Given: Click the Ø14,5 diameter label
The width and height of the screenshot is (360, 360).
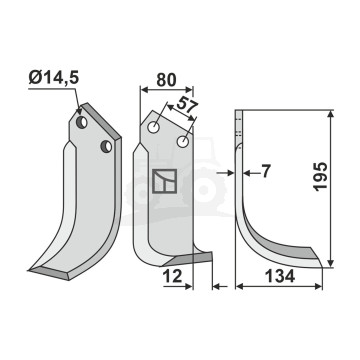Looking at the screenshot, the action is pos(54,78).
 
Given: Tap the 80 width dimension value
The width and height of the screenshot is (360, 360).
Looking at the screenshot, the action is pos(166,80).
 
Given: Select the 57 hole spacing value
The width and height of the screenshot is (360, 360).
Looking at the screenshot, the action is pos(187,105).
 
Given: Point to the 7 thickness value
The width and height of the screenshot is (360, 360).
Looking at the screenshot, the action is pos(265,172).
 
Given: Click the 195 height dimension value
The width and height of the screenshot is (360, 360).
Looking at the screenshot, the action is pos(321,176).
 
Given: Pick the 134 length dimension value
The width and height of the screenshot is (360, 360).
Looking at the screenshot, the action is pos(280,276).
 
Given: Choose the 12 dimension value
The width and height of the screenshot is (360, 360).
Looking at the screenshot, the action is pos(173,276).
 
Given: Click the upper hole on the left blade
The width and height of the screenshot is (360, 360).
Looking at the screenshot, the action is pos(82,122).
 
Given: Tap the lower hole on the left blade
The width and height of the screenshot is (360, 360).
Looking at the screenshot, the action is pos(106,146).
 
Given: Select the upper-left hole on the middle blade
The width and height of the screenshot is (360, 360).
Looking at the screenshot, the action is pos(154,128).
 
